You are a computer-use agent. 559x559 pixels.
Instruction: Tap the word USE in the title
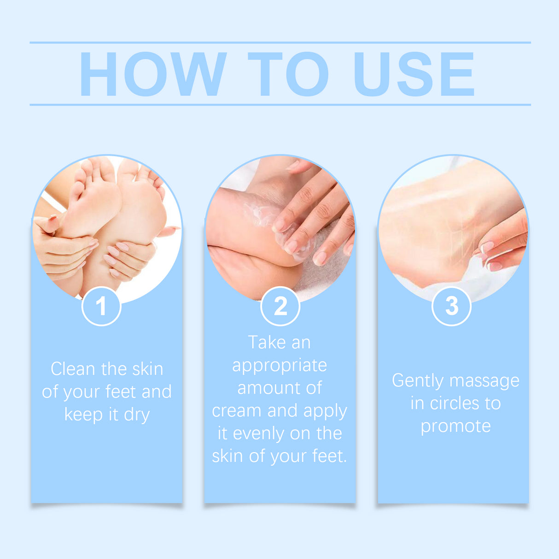pos(413,74)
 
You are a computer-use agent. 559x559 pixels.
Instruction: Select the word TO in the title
pos(288,74)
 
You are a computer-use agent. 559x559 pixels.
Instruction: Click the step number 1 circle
pos(101,306)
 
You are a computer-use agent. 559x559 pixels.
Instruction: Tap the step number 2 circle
pos(280,306)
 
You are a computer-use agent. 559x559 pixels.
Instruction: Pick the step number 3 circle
pos(452,306)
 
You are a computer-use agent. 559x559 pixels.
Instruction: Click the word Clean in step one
pos(72,369)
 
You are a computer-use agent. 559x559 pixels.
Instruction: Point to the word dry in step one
pos(137,414)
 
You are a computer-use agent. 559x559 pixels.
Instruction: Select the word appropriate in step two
pos(279,366)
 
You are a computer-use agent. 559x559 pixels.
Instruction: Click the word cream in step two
pos(237,411)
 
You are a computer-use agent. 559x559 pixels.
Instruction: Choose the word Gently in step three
pos(418,381)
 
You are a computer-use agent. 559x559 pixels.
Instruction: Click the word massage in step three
pos(484,381)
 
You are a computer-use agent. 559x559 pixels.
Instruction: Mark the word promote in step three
pos(455,426)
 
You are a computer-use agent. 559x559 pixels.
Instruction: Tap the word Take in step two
pos(264,343)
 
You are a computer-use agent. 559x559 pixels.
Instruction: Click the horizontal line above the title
pos(280,43)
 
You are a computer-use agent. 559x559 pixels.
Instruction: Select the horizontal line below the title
pos(280,105)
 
